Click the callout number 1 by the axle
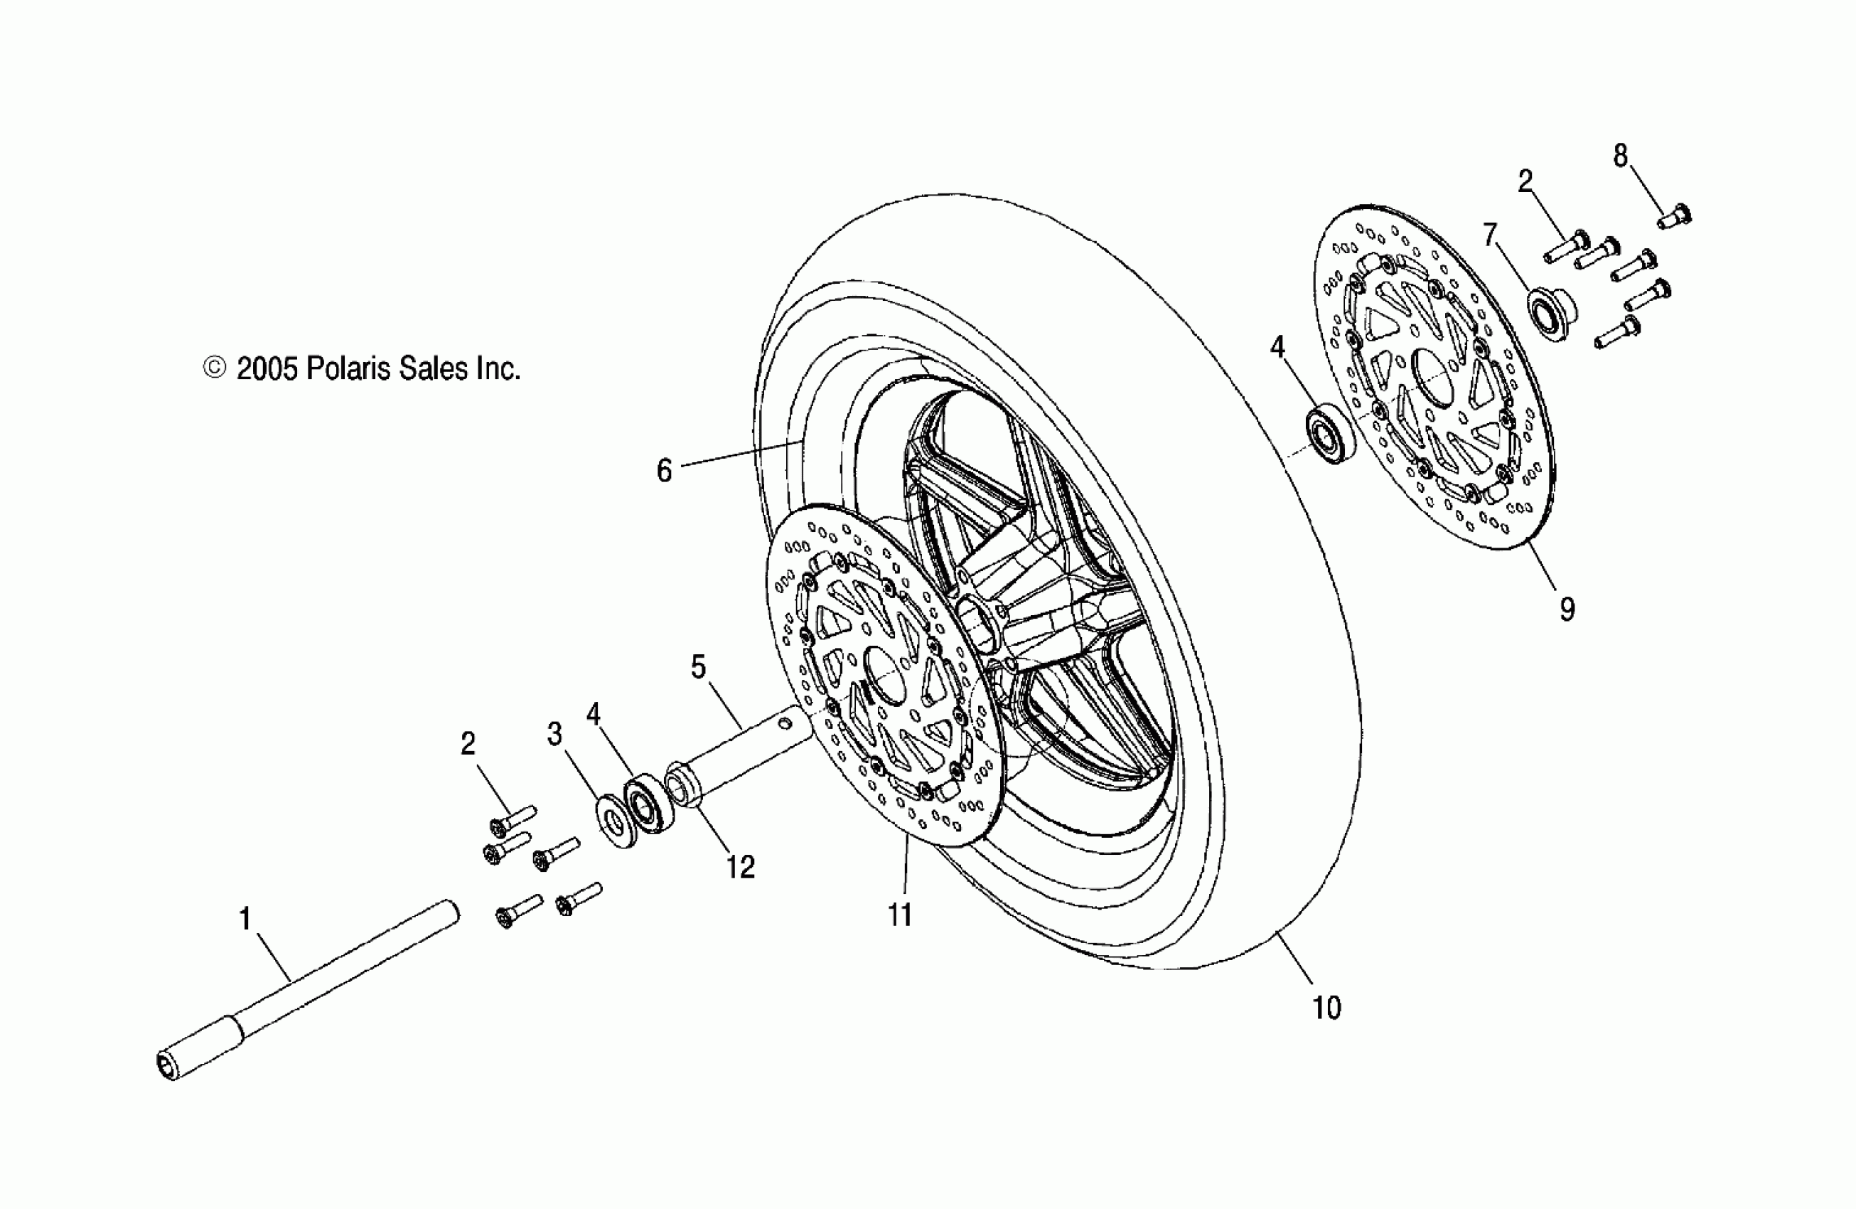[245, 919]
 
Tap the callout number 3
[554, 734]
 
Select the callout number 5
[698, 668]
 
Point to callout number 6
[664, 471]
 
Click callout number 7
[1490, 235]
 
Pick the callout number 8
[1621, 156]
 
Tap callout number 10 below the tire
[1326, 1008]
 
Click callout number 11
[900, 914]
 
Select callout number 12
[740, 867]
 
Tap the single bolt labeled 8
[1673, 216]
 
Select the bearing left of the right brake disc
[1331, 432]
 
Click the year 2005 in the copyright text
[267, 369]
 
